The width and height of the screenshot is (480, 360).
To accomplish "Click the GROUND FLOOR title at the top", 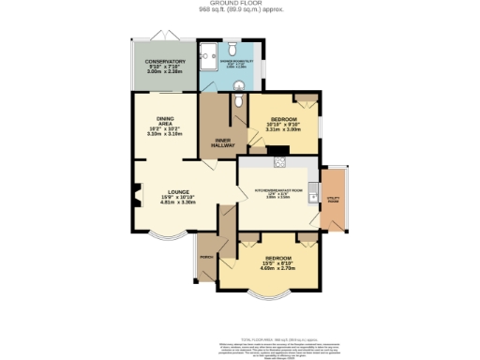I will coord(239,4).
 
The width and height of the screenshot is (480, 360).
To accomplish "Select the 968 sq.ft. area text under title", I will coord(239,10).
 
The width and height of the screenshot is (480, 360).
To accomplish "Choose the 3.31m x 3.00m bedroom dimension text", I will coord(282,130).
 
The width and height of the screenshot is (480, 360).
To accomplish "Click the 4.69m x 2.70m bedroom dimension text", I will coord(278,268).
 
